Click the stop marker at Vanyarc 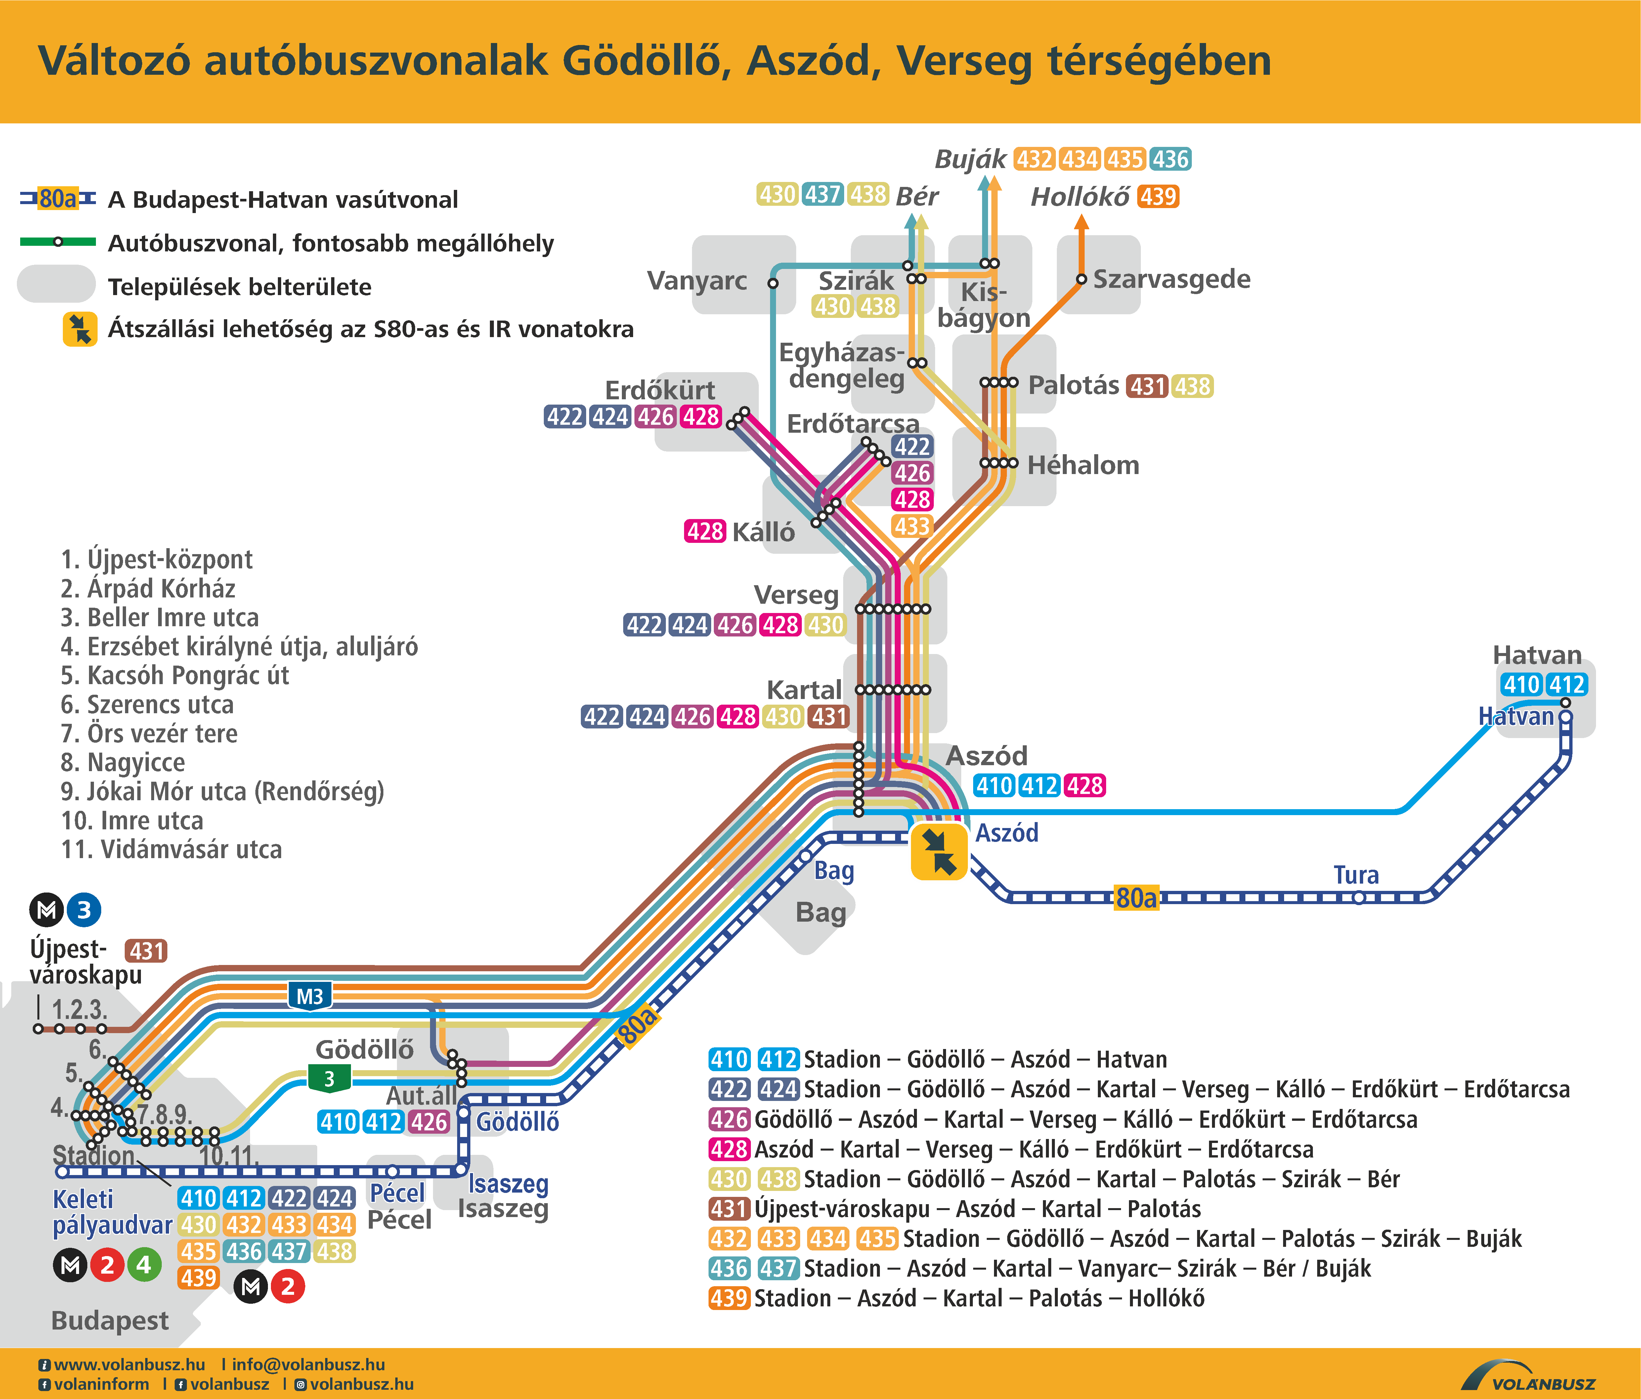tap(773, 283)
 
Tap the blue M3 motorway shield tap(309, 996)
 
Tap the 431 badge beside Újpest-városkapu tap(147, 951)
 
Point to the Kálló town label tap(763, 532)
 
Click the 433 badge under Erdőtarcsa tap(912, 526)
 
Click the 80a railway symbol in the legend tap(58, 199)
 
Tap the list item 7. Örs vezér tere tap(149, 733)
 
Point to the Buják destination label tap(970, 159)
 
